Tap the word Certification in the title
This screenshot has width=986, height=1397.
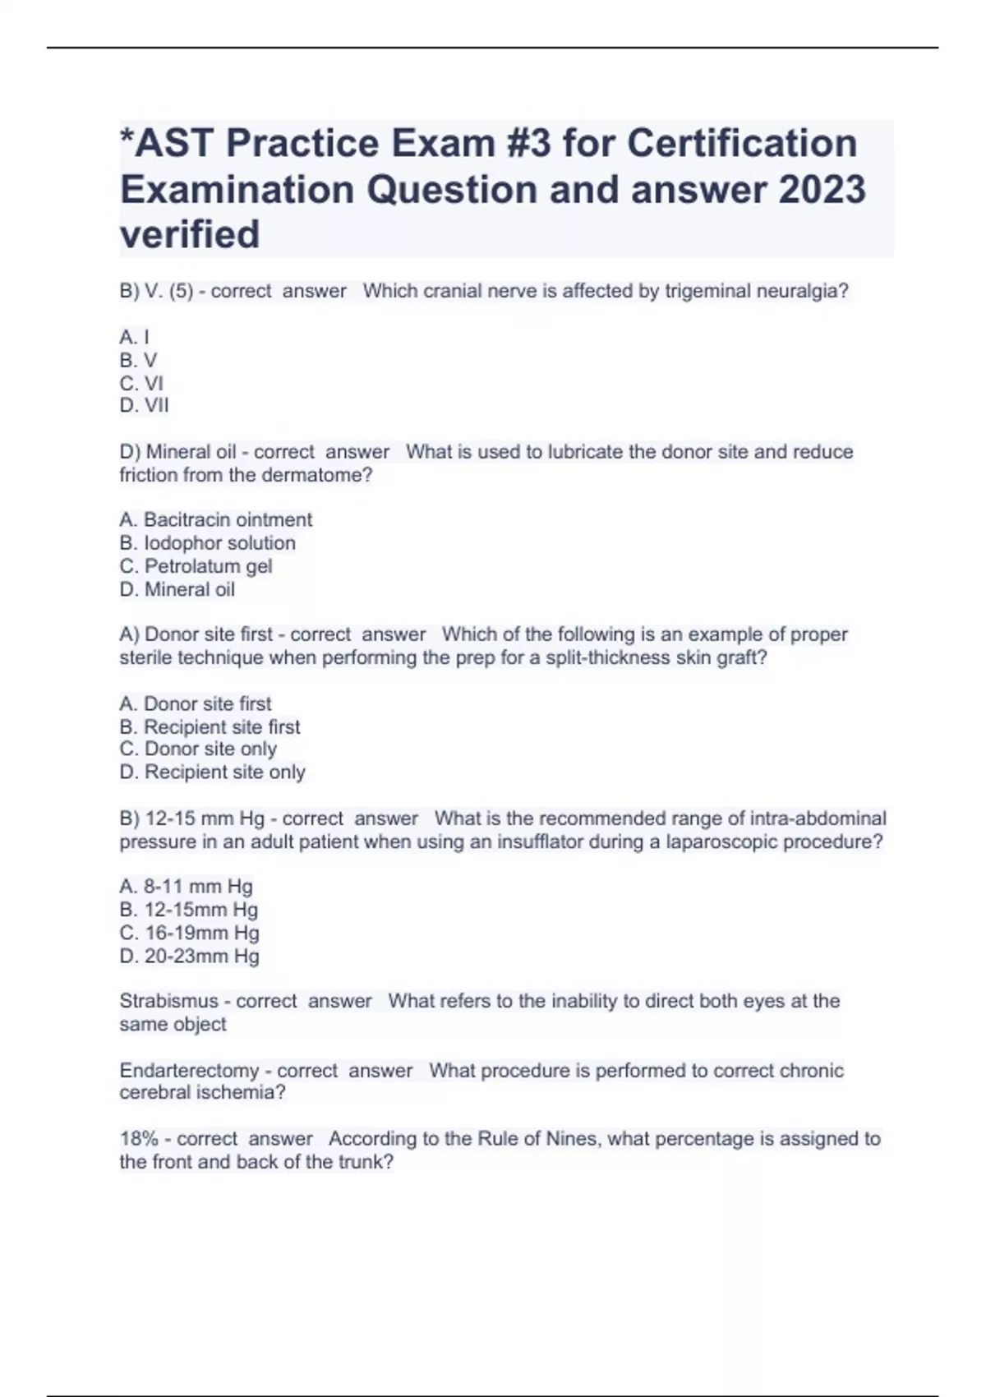(x=742, y=143)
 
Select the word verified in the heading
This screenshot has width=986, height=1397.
(x=190, y=234)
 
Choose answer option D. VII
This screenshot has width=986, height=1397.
(x=144, y=405)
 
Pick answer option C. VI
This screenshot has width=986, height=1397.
(x=141, y=383)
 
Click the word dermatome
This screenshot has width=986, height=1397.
(x=311, y=475)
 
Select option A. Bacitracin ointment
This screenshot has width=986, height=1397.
(x=215, y=520)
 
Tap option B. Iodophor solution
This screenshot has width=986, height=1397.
(x=207, y=543)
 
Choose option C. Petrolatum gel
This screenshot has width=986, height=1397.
(x=196, y=566)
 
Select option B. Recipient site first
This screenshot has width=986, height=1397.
(x=210, y=727)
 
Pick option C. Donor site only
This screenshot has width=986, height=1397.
(x=198, y=749)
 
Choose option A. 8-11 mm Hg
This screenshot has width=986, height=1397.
(x=186, y=887)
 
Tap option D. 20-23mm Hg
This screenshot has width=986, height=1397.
(x=189, y=956)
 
